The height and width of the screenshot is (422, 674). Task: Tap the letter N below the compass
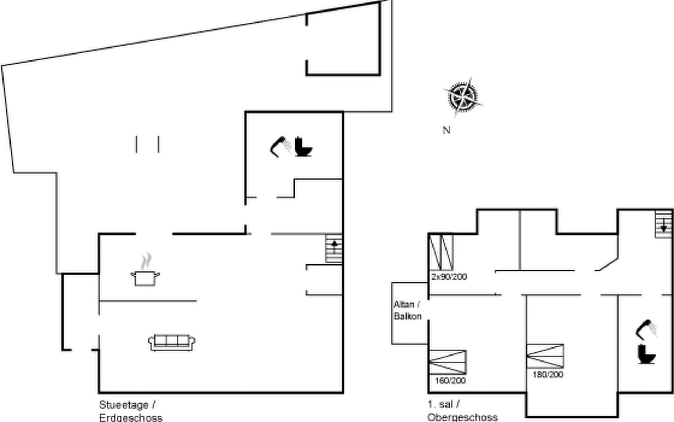[x=446, y=130]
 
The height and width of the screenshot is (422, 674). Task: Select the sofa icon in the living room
[x=172, y=343]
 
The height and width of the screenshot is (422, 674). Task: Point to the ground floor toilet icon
[x=303, y=147]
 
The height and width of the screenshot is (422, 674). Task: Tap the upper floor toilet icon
[x=646, y=354]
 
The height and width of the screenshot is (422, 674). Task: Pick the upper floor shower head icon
[x=646, y=330]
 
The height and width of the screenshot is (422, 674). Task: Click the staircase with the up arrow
[x=333, y=248]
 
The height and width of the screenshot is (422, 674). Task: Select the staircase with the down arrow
[x=663, y=224]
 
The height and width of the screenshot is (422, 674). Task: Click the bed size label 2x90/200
[x=449, y=277]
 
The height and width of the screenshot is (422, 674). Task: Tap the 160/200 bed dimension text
[x=450, y=381]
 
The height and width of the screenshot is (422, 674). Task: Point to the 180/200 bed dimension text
[x=548, y=375]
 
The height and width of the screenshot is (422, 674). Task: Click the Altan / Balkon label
[x=407, y=310]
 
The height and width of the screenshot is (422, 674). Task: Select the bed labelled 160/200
[x=448, y=362]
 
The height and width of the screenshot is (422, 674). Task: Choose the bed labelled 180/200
[x=545, y=356]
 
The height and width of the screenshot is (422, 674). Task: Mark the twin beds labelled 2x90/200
[x=441, y=252]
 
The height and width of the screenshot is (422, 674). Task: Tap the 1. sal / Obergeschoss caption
[x=462, y=411]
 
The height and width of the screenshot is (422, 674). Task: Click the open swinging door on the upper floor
[x=608, y=264]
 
